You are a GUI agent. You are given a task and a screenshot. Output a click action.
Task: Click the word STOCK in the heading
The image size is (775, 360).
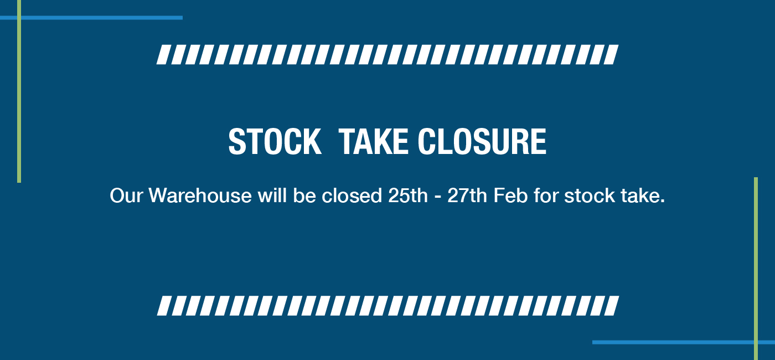click(275, 141)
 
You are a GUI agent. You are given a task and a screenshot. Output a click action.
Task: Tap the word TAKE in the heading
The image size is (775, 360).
click(373, 141)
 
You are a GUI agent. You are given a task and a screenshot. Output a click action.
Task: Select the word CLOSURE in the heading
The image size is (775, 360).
click(482, 141)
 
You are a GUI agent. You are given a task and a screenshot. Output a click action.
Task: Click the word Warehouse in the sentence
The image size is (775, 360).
click(200, 195)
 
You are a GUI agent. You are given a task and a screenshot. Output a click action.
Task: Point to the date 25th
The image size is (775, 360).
click(408, 195)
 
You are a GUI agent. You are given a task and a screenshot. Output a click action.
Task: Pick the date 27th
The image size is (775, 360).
click(467, 195)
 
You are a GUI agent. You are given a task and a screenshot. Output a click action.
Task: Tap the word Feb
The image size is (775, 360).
click(510, 195)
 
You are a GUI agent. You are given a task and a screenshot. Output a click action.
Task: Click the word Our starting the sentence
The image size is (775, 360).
click(126, 196)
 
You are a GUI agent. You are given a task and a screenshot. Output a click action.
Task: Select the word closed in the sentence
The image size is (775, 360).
click(352, 195)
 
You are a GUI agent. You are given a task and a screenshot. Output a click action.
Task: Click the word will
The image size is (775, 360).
click(272, 195)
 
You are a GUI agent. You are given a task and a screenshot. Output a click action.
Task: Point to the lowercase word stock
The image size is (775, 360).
click(590, 195)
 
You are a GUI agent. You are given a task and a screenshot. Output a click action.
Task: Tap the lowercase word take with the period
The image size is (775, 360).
click(643, 195)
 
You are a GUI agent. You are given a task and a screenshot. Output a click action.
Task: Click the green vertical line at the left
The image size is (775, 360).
click(19, 91)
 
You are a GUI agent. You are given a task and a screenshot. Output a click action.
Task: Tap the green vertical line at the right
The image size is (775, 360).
click(756, 269)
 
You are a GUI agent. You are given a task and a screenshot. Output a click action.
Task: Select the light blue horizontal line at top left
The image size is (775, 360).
click(91, 18)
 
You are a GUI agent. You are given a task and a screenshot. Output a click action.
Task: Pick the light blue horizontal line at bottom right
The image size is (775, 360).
click(684, 342)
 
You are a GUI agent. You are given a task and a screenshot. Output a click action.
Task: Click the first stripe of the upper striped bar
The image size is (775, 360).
click(164, 55)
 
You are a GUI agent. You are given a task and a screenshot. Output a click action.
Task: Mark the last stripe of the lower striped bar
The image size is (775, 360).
click(611, 306)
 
